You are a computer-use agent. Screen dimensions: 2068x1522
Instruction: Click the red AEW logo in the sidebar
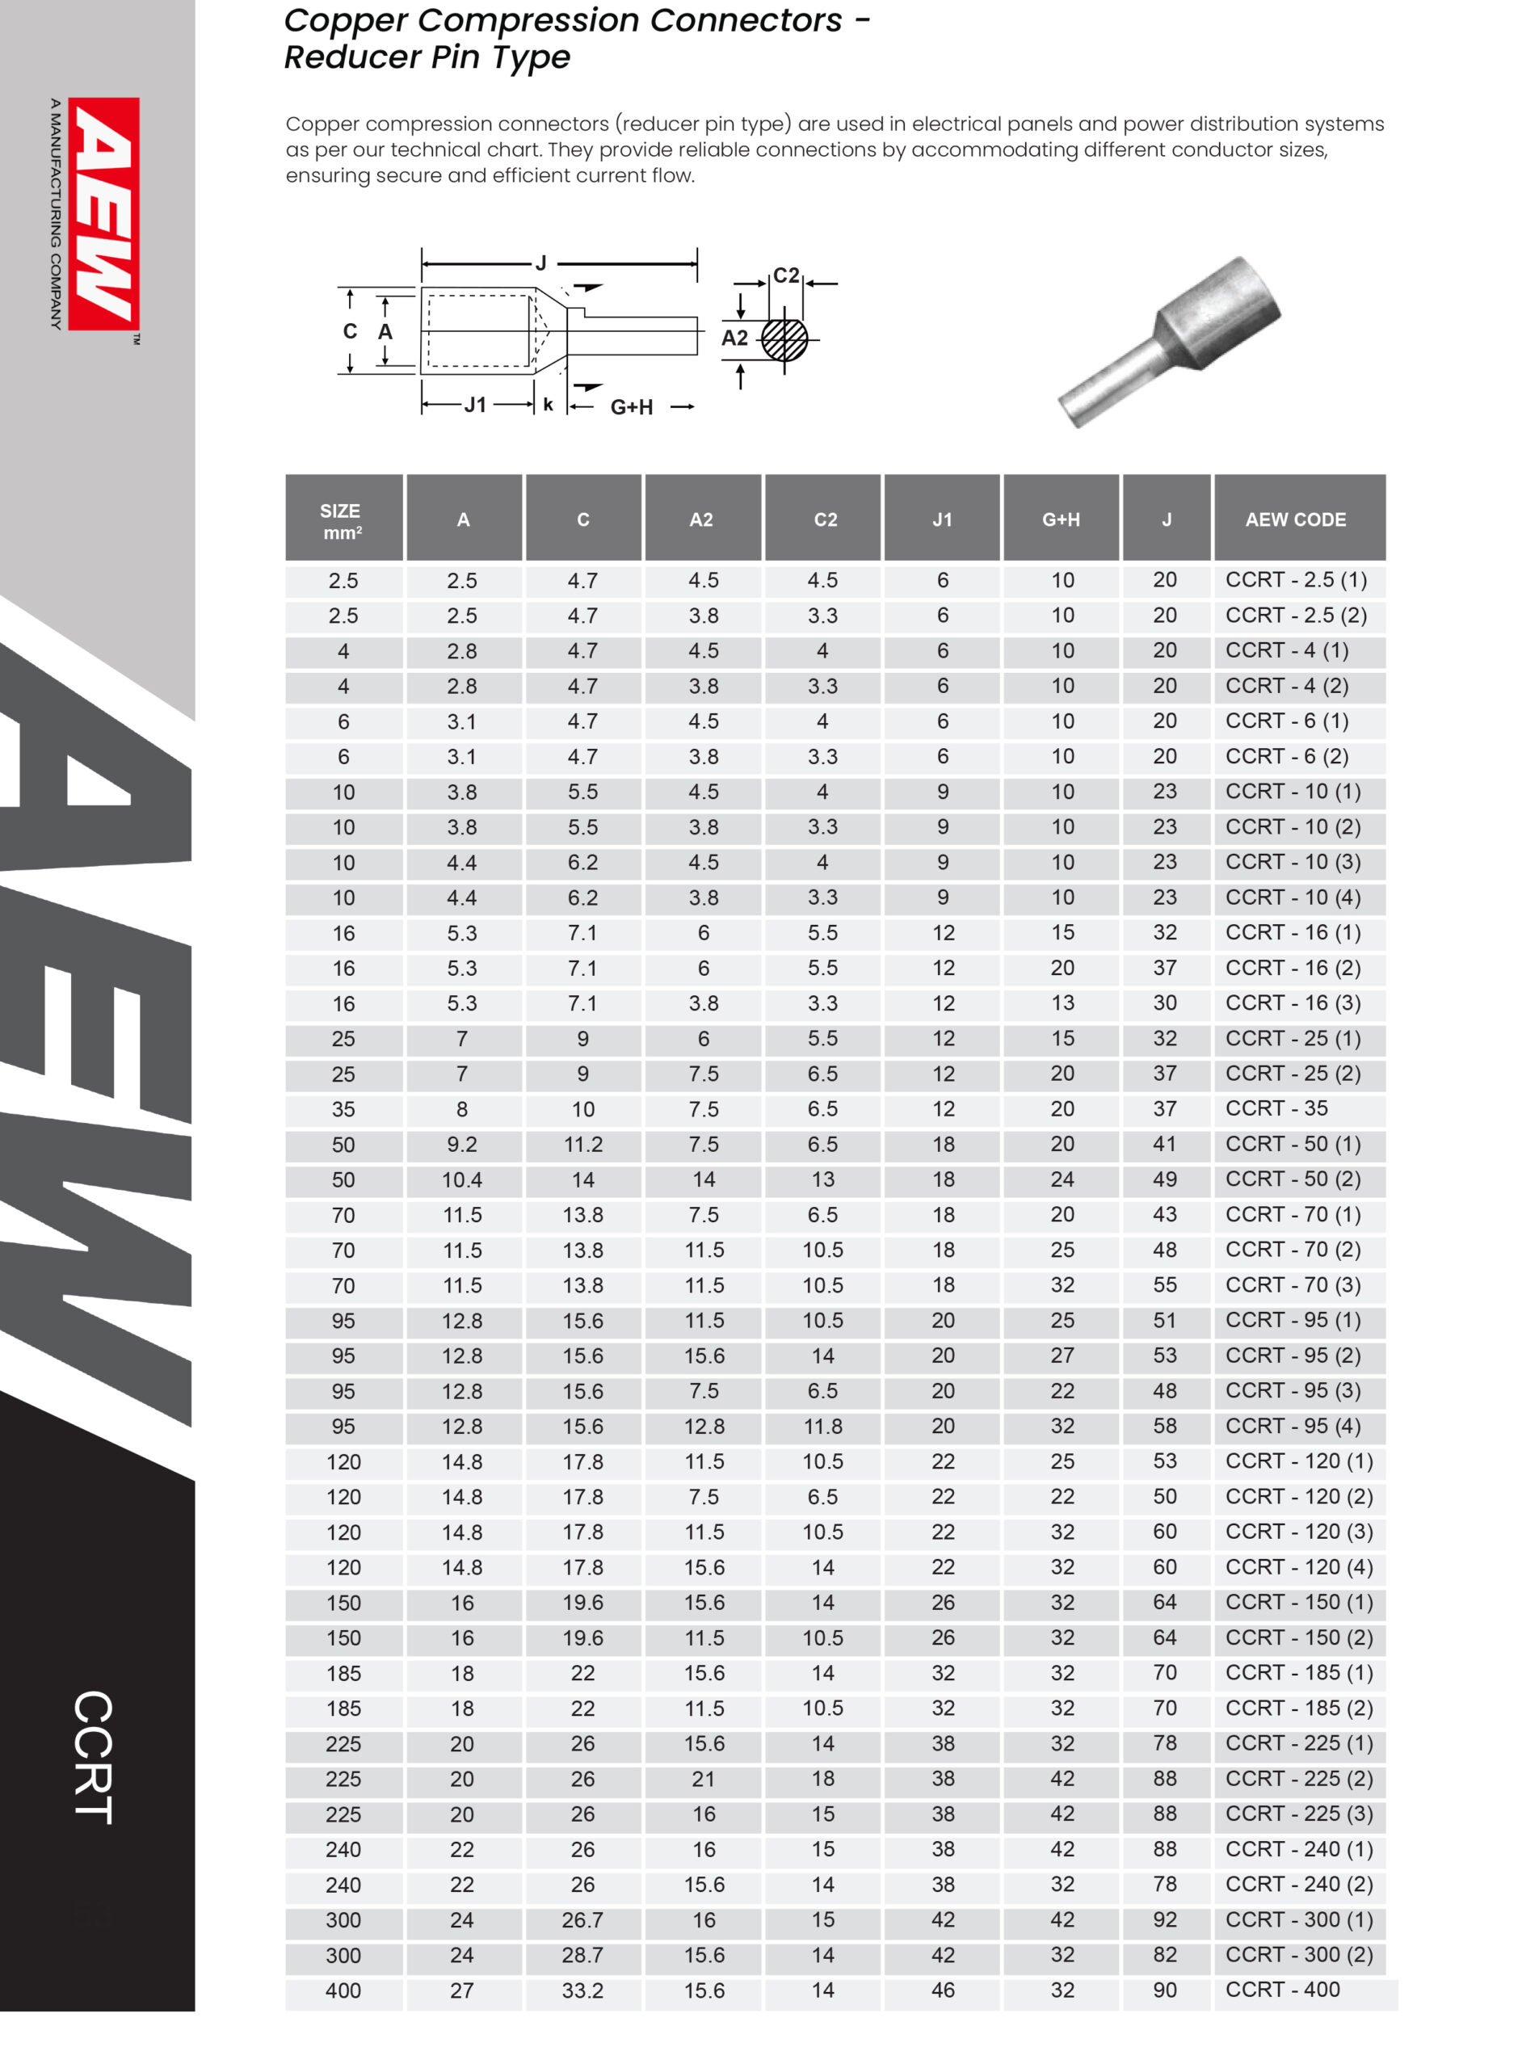pyautogui.click(x=103, y=214)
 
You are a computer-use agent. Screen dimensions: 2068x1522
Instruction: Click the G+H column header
pyautogui.click(x=1061, y=519)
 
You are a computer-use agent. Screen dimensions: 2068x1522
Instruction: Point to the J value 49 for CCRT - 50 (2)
pyautogui.click(x=1165, y=1179)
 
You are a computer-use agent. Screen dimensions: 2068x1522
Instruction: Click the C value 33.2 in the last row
pyautogui.click(x=582, y=1990)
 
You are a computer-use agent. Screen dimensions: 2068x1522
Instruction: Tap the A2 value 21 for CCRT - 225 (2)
pyautogui.click(x=703, y=1779)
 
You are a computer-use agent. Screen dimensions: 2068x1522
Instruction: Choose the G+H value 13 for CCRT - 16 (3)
pyautogui.click(x=1062, y=1003)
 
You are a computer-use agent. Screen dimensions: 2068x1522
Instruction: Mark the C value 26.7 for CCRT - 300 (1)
pyautogui.click(x=582, y=1919)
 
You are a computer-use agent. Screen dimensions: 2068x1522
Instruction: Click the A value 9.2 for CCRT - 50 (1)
pyautogui.click(x=461, y=1144)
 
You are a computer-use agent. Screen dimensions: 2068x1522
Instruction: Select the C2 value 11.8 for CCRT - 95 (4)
pyautogui.click(x=822, y=1426)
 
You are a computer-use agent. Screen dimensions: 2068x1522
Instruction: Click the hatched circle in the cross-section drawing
pyautogui.click(x=784, y=340)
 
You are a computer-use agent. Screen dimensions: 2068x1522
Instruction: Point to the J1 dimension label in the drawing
pyautogui.click(x=475, y=405)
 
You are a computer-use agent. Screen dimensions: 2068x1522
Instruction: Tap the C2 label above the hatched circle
pyautogui.click(x=786, y=275)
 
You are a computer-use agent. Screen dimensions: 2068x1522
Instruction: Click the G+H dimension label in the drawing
pyautogui.click(x=631, y=407)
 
